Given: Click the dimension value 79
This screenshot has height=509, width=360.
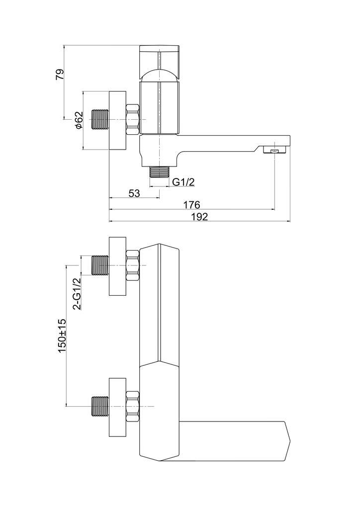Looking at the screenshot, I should [x=60, y=75].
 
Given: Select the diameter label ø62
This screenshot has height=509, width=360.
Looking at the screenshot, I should [x=78, y=120].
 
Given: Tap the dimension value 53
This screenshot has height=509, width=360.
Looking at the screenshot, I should [x=134, y=193].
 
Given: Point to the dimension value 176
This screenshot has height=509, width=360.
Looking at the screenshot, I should [x=191, y=204].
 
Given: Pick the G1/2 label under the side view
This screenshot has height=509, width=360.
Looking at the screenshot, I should [x=183, y=182].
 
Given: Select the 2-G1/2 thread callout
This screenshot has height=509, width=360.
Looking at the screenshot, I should [x=78, y=294].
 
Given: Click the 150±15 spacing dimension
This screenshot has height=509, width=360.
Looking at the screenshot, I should [x=62, y=336].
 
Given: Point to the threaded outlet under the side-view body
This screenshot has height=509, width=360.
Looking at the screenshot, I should [x=159, y=172].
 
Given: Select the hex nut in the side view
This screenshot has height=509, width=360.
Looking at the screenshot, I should [x=133, y=120].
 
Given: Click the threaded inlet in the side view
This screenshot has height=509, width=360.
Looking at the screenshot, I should [x=100, y=120].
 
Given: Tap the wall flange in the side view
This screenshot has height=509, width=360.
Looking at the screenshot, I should [x=118, y=120].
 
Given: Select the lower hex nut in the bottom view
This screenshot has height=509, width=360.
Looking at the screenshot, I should [x=133, y=407].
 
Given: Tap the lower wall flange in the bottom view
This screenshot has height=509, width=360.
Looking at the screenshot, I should [x=118, y=407].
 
